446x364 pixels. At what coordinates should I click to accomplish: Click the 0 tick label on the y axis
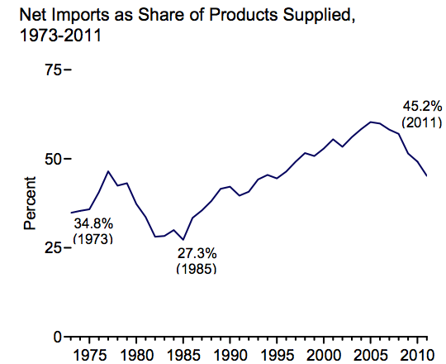(57, 337)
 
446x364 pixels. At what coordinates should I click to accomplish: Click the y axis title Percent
(30, 203)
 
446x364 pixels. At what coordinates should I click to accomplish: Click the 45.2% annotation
(420, 106)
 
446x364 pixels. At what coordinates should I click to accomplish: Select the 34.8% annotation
(93, 223)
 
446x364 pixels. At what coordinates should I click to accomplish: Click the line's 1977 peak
(108, 171)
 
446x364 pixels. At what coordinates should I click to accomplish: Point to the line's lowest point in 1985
(183, 239)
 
